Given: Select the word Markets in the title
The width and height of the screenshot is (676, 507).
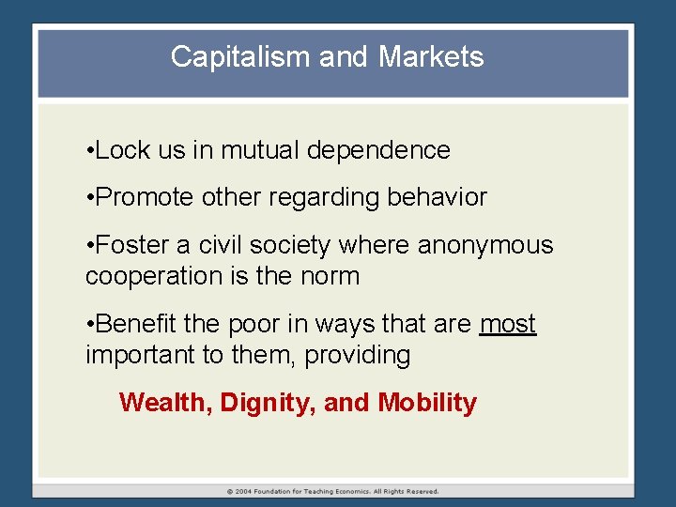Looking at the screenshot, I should coord(431,57).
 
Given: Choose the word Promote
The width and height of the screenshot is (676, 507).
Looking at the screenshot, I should coord(144,197).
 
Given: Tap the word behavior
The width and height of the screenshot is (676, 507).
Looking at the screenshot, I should coord(443,197).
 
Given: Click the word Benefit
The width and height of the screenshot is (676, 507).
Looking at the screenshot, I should coord(137,325).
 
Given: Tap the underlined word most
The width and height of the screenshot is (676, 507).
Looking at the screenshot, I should coord(507,325).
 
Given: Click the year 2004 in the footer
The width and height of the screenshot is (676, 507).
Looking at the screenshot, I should coord(245,491).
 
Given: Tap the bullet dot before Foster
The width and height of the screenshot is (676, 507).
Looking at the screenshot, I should coord(88,246).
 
